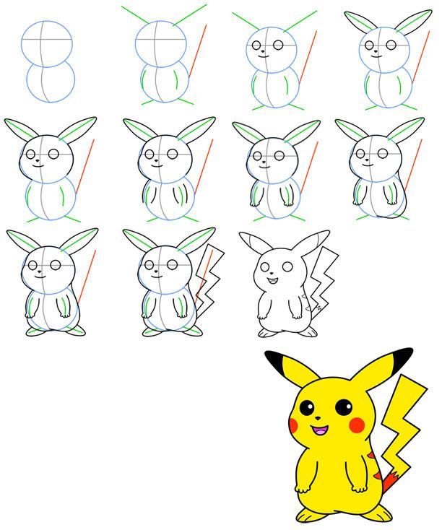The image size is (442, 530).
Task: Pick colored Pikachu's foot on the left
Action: (308, 513)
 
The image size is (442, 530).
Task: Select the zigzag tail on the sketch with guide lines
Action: (206, 278)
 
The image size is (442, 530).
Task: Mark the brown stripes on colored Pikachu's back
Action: (373, 461)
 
